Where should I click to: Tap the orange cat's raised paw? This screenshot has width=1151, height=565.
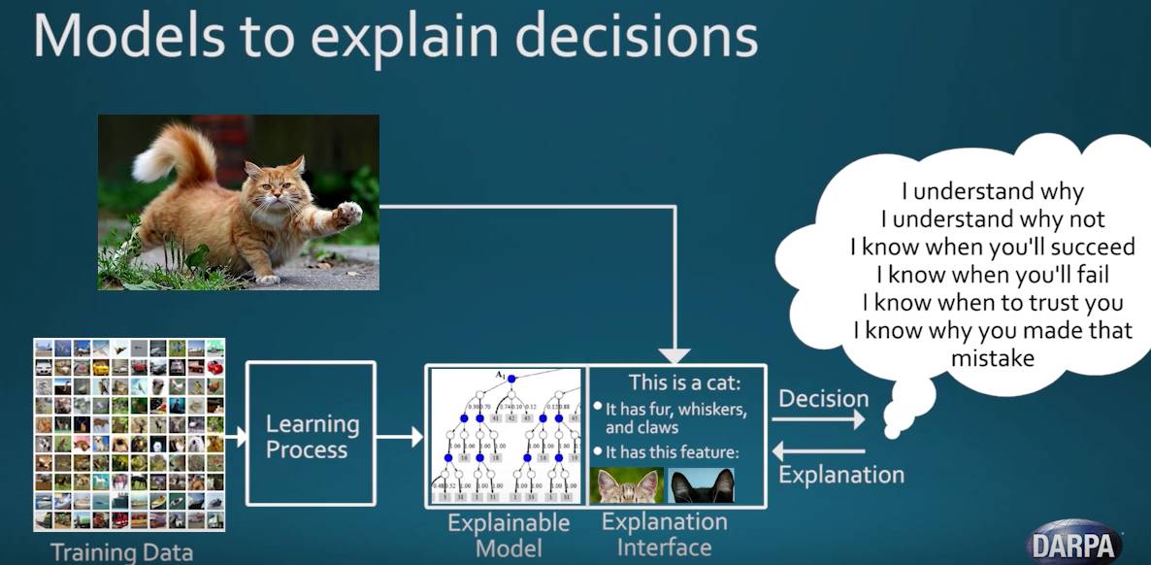click(348, 213)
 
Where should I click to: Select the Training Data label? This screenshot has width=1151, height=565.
click(121, 552)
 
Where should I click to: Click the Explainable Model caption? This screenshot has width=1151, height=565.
click(508, 535)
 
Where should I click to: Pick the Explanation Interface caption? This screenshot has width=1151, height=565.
click(664, 534)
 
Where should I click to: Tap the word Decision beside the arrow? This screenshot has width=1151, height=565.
click(823, 398)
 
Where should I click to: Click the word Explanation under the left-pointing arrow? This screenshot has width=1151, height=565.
click(841, 475)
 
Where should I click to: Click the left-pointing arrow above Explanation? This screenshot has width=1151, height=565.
click(820, 450)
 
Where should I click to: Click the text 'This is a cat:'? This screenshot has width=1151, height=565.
click(684, 382)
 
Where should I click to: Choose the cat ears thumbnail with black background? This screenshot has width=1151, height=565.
click(701, 484)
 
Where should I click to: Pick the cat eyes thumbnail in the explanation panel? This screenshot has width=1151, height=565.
click(627, 484)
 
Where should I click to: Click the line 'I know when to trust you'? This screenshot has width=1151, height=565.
click(992, 302)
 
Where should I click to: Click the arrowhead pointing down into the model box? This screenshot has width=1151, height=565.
click(675, 356)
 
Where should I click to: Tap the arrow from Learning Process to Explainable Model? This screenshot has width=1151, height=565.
click(401, 437)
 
